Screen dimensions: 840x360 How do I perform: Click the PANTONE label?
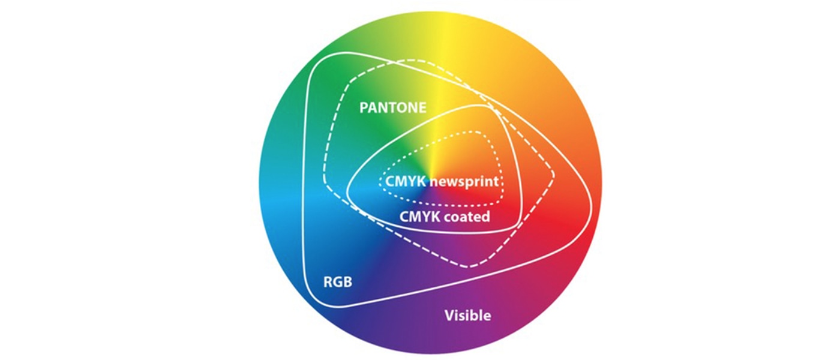point(392,107)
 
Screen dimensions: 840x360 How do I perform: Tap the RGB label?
point(337,282)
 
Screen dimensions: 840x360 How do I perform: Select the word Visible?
point(467,316)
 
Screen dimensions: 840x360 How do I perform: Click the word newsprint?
point(464,182)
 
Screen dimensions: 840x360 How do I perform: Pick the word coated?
point(467,217)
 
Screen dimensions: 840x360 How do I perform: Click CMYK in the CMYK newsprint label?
point(406,181)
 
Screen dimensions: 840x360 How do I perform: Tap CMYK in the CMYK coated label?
point(419,217)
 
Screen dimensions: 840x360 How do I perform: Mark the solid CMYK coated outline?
point(347,191)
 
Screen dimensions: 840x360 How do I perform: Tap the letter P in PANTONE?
point(364,107)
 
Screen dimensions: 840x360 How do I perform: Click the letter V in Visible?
point(449,316)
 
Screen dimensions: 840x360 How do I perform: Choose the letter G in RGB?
point(338,282)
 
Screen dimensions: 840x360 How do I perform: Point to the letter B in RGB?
point(348,282)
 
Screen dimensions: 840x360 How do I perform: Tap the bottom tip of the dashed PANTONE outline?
point(469,267)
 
